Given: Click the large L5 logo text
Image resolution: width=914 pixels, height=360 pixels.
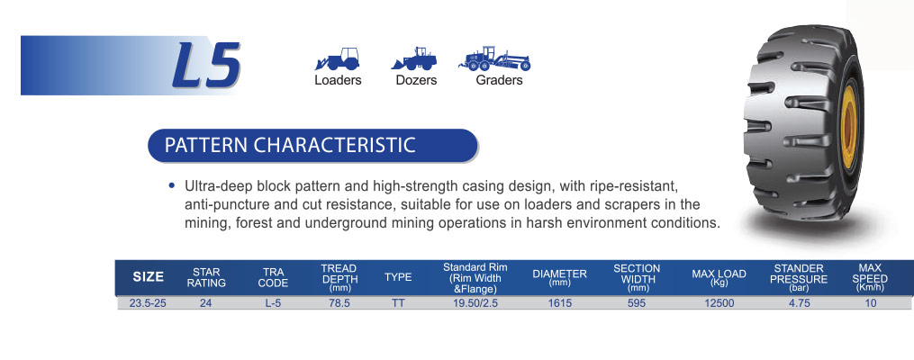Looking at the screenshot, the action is (x=206, y=65).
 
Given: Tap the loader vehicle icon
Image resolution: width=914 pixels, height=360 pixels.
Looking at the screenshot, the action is (x=338, y=58).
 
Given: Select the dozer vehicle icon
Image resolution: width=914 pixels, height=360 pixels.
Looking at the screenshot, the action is (x=414, y=58).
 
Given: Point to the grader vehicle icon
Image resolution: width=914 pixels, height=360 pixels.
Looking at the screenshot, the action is (x=495, y=58).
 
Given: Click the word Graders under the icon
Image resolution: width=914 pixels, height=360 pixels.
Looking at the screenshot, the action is (x=499, y=80).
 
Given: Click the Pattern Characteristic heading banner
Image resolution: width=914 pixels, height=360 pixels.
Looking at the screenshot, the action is (x=313, y=145).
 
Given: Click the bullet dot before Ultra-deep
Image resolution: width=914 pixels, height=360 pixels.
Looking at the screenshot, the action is (x=171, y=186).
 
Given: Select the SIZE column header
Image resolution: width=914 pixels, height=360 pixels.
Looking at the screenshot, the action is (x=148, y=277).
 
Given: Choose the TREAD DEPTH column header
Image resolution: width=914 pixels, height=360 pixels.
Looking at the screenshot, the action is (x=339, y=277).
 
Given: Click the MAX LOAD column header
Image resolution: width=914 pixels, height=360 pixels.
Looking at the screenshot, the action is (x=719, y=276).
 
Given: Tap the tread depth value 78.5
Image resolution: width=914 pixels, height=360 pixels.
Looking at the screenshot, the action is (x=339, y=303).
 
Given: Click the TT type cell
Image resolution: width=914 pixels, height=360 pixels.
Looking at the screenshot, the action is (x=398, y=303).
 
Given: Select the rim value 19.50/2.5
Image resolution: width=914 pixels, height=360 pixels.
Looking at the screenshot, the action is (x=475, y=303).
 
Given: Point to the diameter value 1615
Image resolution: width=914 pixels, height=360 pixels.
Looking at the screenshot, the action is (x=559, y=303).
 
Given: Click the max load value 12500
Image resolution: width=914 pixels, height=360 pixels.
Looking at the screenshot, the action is (x=719, y=303).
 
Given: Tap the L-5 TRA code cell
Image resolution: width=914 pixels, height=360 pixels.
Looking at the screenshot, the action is (x=273, y=303).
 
